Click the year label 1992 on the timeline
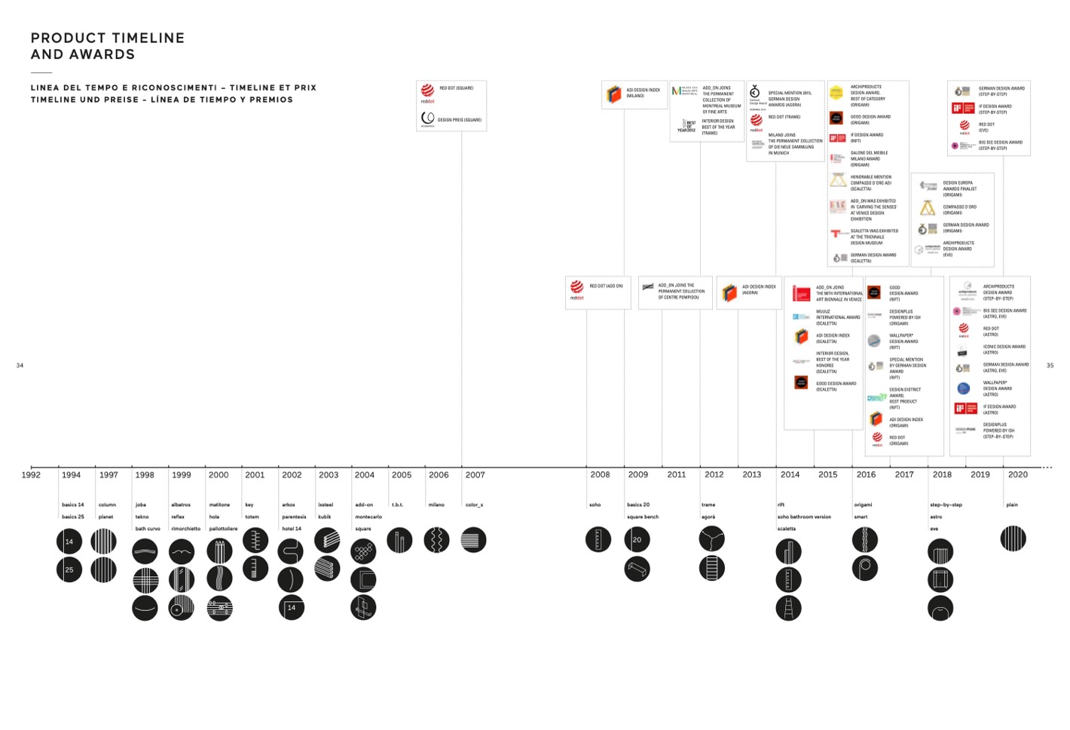point(31,475)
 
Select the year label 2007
point(475,475)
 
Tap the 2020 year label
point(1017,475)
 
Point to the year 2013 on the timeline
point(751,475)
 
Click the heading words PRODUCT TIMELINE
point(108,38)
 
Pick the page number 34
point(20,366)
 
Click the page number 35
point(1050,366)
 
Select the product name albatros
point(180,505)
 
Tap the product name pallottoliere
point(223,529)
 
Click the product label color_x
point(474,505)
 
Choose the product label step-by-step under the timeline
point(946,505)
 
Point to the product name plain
point(1012,505)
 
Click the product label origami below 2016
point(863,505)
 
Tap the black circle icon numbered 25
point(69,569)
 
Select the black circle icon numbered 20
point(637,540)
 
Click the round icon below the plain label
point(1013,538)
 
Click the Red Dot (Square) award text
point(457,88)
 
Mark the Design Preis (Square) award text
point(460,120)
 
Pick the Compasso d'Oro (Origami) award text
point(959,210)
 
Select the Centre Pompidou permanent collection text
point(681,291)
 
